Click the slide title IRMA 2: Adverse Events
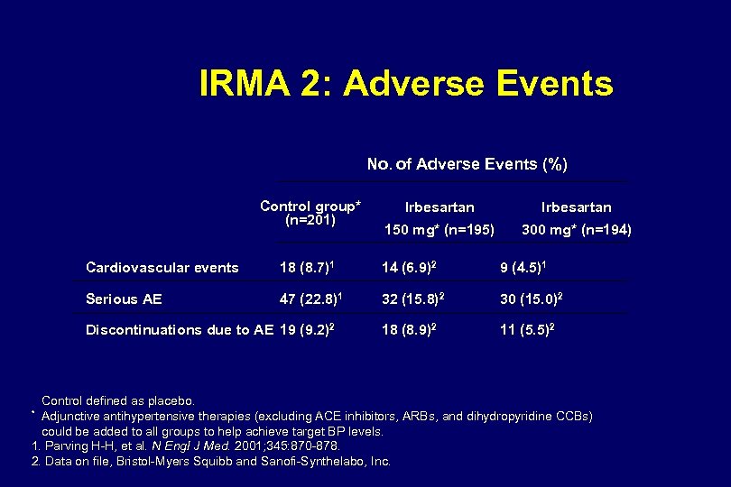[405, 85]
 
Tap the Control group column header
[310, 213]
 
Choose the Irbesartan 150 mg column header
[440, 219]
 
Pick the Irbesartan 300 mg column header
[576, 219]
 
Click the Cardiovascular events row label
[162, 268]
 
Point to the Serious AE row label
[124, 299]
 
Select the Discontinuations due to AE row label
[179, 330]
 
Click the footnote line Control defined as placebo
[118, 400]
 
